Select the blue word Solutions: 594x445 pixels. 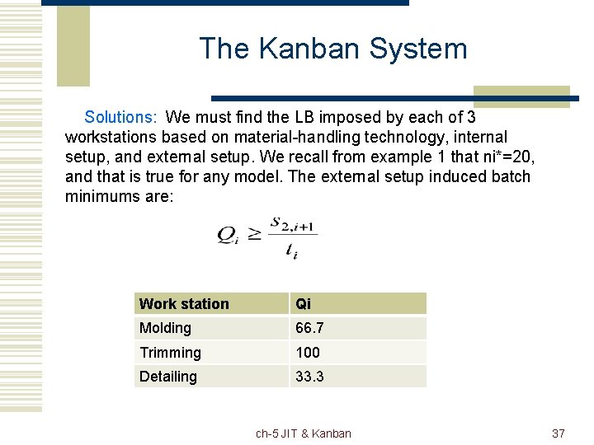[x=122, y=118]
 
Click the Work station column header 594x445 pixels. [x=184, y=304]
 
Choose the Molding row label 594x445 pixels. [x=165, y=328]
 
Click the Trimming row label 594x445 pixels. [x=170, y=353]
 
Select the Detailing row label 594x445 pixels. [x=168, y=377]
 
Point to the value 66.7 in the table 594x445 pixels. [x=309, y=328]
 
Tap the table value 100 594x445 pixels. [x=308, y=353]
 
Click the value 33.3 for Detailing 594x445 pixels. [x=309, y=377]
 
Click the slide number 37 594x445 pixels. [x=558, y=433]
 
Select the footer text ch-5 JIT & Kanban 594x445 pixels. [x=304, y=433]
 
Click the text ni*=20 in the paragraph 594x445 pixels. [x=506, y=157]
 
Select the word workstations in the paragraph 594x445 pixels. [x=111, y=137]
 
